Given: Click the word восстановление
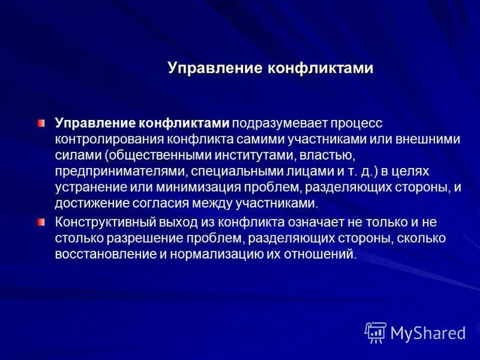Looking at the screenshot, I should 100,254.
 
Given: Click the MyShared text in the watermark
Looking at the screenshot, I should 428,332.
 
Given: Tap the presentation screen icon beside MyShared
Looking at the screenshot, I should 375,332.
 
